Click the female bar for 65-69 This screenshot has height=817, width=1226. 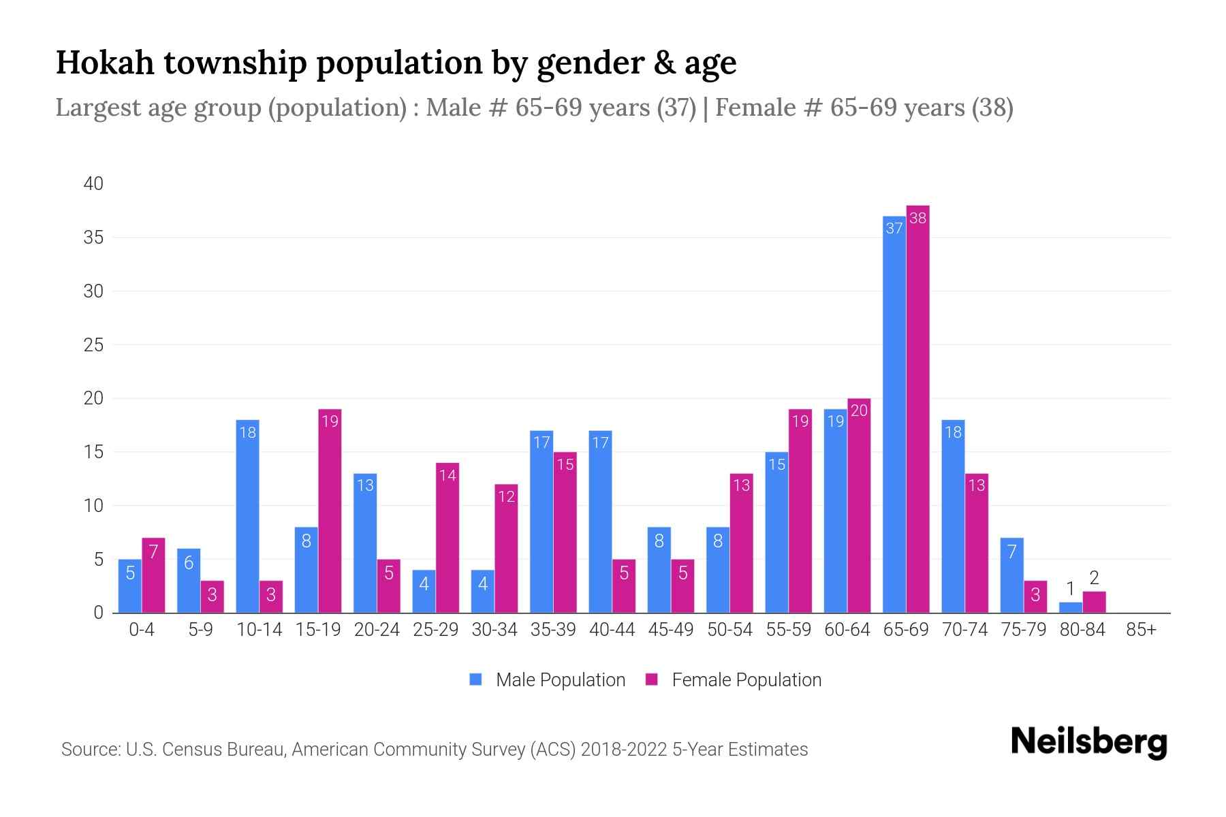tap(917, 408)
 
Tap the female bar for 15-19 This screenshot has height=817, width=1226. tap(330, 511)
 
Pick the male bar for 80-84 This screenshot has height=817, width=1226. tap(1071, 607)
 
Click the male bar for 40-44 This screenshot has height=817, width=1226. tap(600, 522)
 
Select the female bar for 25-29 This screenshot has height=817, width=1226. tap(447, 538)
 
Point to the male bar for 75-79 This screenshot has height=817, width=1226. tap(1011, 575)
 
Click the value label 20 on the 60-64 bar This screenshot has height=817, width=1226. tap(859, 411)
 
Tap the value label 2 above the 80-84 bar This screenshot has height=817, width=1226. tap(1094, 579)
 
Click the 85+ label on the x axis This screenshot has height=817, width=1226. tap(1141, 630)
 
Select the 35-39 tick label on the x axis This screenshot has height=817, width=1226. tap(553, 630)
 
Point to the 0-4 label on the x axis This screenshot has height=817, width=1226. tap(142, 630)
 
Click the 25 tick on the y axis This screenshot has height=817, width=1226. tap(93, 345)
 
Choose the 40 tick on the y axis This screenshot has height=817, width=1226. tap(93, 184)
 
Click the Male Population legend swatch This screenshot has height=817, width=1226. tap(475, 679)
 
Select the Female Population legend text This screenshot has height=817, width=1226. tap(746, 679)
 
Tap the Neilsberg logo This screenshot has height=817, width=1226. tap(1088, 742)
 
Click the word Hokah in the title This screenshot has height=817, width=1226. tap(104, 63)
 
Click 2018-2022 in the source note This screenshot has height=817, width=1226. tap(623, 750)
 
